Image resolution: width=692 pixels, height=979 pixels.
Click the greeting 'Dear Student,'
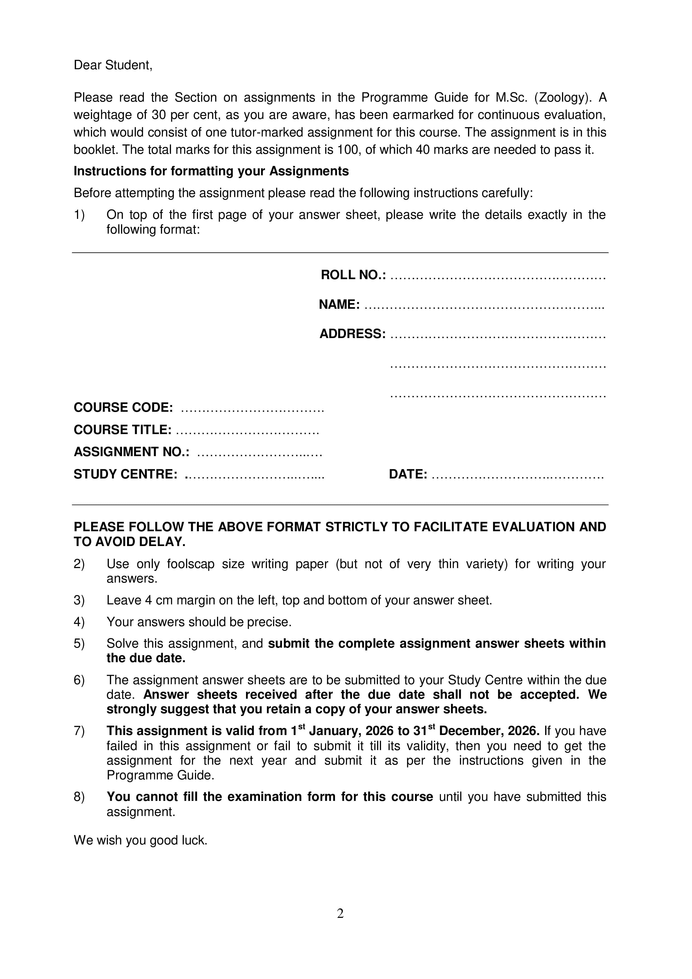[x=113, y=65]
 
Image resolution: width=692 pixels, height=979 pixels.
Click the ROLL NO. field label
[x=353, y=275]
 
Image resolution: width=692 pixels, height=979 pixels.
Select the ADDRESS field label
[x=352, y=334]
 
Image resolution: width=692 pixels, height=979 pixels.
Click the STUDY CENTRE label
[x=125, y=474]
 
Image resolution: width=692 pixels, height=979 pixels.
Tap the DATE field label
[x=408, y=474]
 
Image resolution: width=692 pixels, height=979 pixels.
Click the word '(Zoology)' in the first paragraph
[x=563, y=98]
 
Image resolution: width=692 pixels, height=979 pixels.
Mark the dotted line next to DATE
[x=517, y=475]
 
